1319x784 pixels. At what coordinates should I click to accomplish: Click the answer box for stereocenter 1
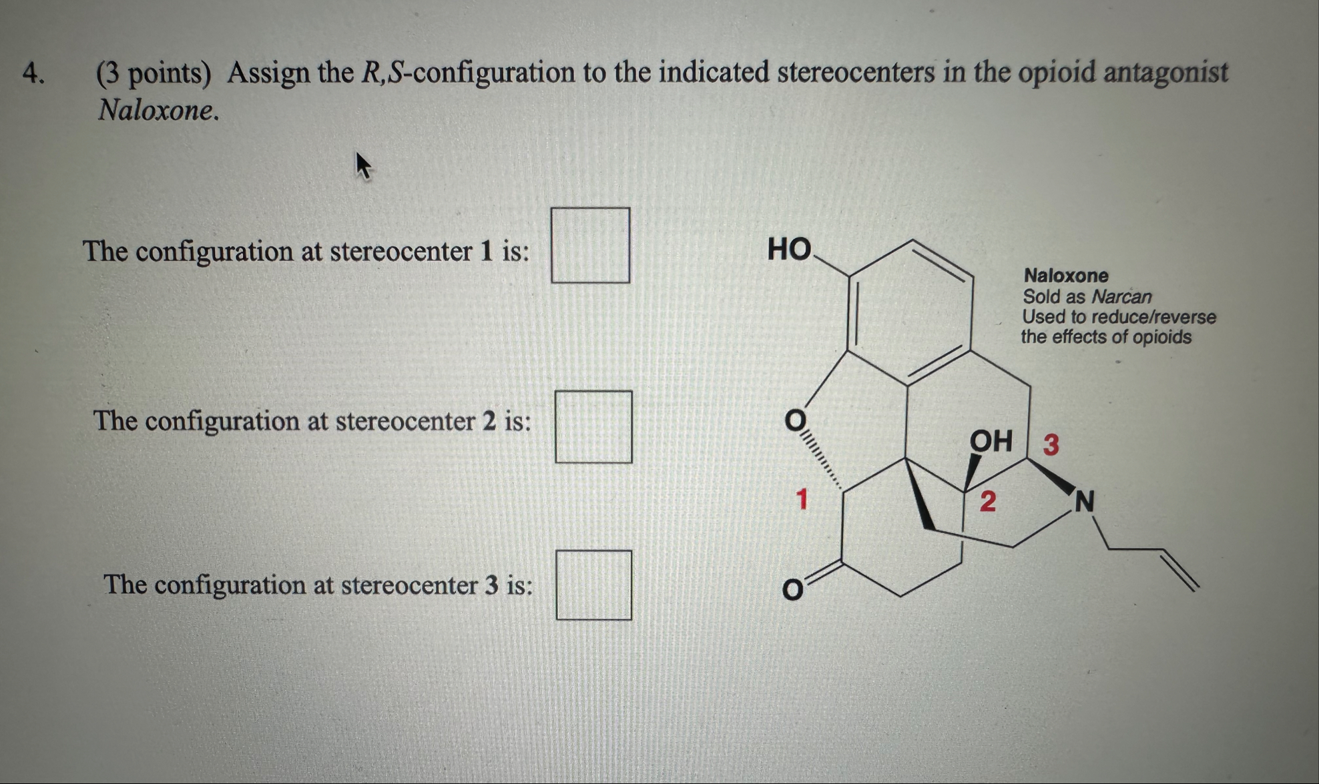pos(590,245)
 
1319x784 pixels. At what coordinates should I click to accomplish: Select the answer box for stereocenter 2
pos(593,427)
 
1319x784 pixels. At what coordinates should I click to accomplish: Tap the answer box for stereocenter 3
pos(594,585)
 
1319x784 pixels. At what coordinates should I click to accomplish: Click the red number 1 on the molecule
pos(802,498)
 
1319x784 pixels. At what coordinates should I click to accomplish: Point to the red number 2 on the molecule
pos(987,501)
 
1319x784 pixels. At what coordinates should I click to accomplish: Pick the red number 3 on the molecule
pos(1051,444)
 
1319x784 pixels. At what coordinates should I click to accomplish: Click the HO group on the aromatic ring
pos(789,250)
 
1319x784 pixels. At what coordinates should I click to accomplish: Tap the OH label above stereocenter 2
pos(991,441)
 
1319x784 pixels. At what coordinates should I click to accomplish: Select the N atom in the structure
pos(1085,502)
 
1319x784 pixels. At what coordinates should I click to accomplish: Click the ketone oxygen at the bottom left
pos(792,590)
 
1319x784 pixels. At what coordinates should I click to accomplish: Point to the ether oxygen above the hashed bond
pos(794,420)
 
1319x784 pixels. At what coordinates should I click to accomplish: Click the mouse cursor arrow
pos(362,165)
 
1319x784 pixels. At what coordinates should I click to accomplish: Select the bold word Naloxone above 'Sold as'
pos(1065,276)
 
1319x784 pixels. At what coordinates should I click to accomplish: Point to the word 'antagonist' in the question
pos(1165,72)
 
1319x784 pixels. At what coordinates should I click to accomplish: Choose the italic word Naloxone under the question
pos(158,110)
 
